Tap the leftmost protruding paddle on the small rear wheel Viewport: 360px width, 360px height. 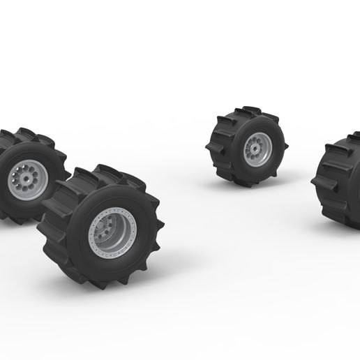point(211,148)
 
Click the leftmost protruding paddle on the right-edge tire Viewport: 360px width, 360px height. point(318,183)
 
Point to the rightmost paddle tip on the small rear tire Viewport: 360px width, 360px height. point(286,147)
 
